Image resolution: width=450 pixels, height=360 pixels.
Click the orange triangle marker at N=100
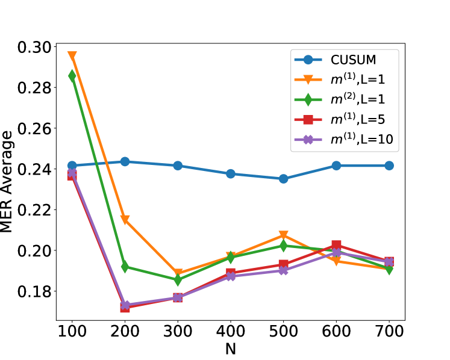click(72, 56)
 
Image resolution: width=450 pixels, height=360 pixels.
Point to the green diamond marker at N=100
click(72, 76)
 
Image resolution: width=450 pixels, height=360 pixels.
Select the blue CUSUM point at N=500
click(283, 179)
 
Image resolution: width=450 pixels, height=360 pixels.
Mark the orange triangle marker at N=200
click(125, 220)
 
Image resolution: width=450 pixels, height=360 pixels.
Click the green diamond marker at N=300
click(178, 280)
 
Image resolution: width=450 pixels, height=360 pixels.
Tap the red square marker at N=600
click(336, 245)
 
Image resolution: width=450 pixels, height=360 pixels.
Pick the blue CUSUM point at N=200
click(125, 161)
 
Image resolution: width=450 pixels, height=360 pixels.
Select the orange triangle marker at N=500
click(283, 235)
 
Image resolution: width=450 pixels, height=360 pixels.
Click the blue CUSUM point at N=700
click(389, 166)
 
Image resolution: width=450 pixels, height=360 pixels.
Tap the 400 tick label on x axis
click(231, 332)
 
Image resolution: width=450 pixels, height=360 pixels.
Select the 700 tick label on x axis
click(389, 332)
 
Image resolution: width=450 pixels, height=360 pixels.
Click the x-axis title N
click(231, 349)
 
